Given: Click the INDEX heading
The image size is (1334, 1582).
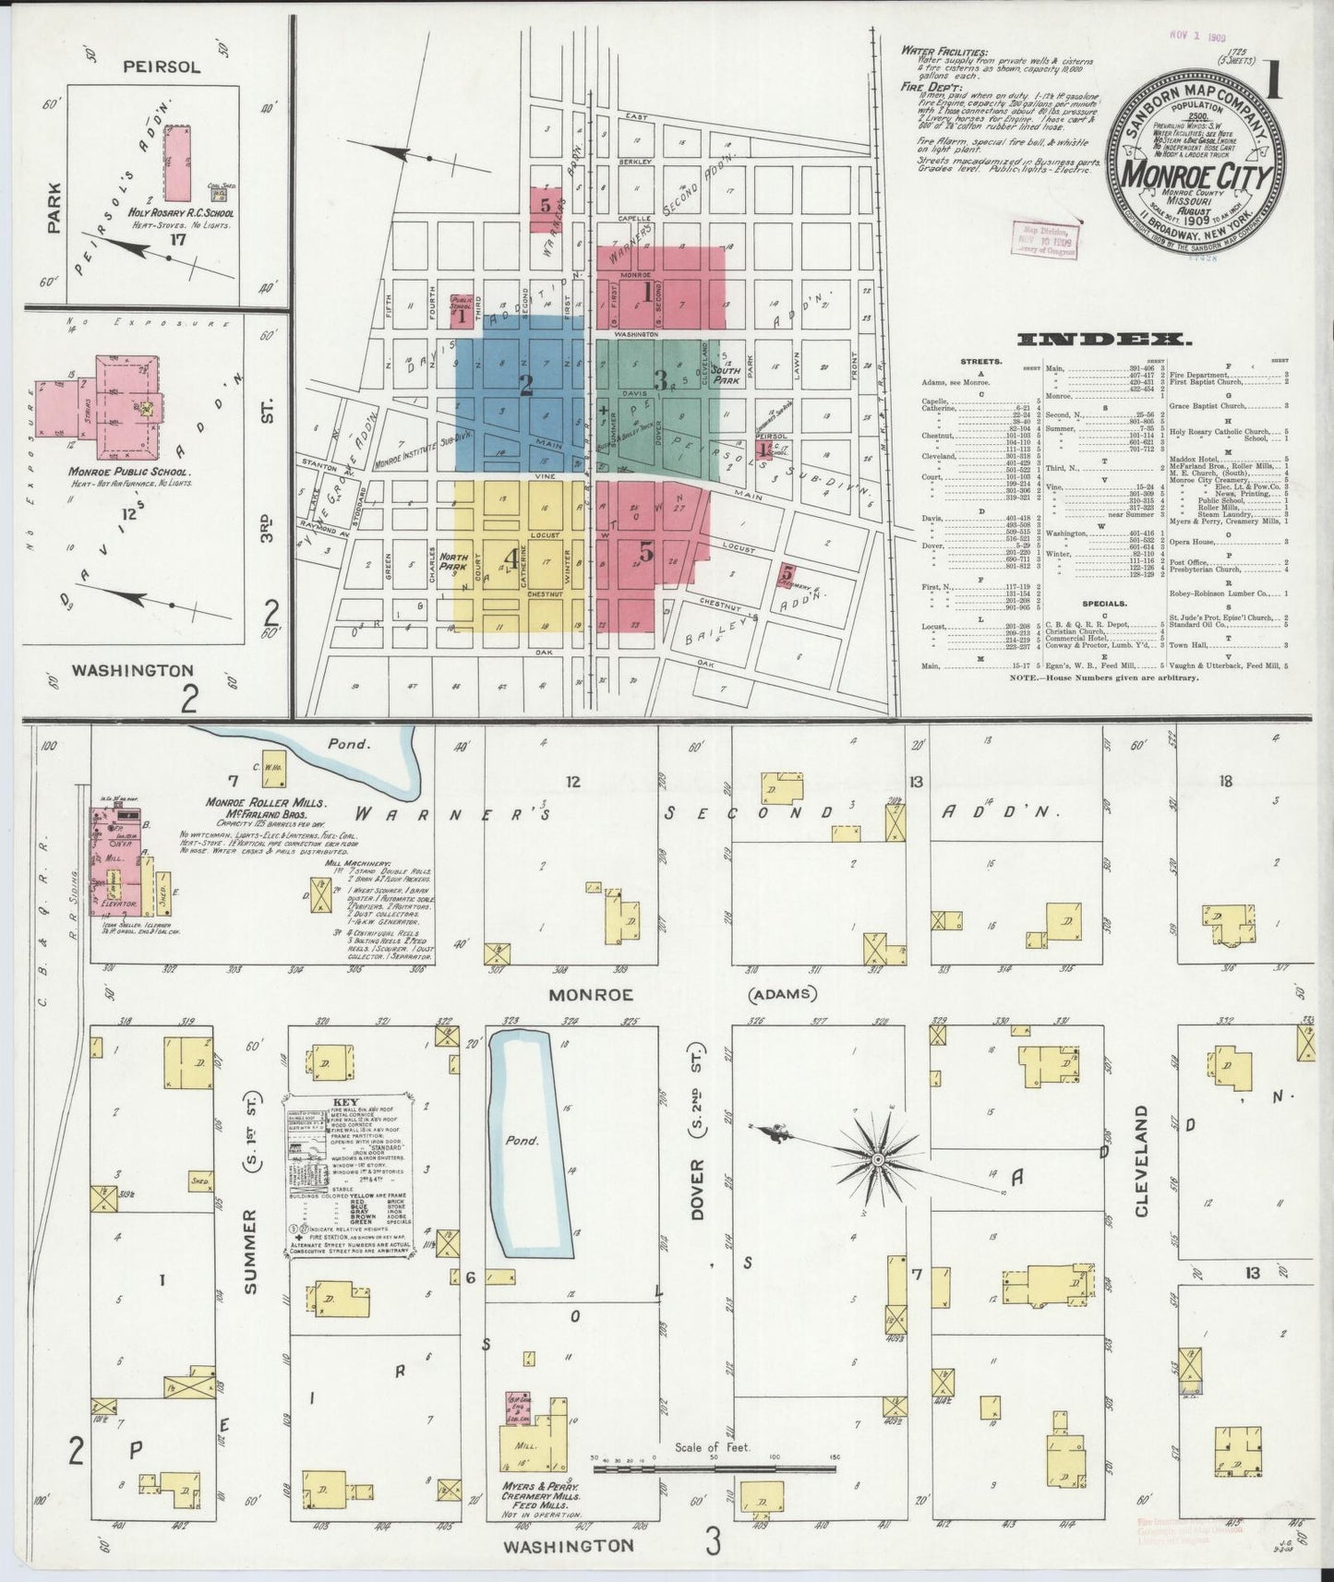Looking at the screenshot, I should [x=1099, y=340].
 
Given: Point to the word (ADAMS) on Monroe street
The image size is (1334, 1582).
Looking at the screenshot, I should [x=783, y=994].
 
